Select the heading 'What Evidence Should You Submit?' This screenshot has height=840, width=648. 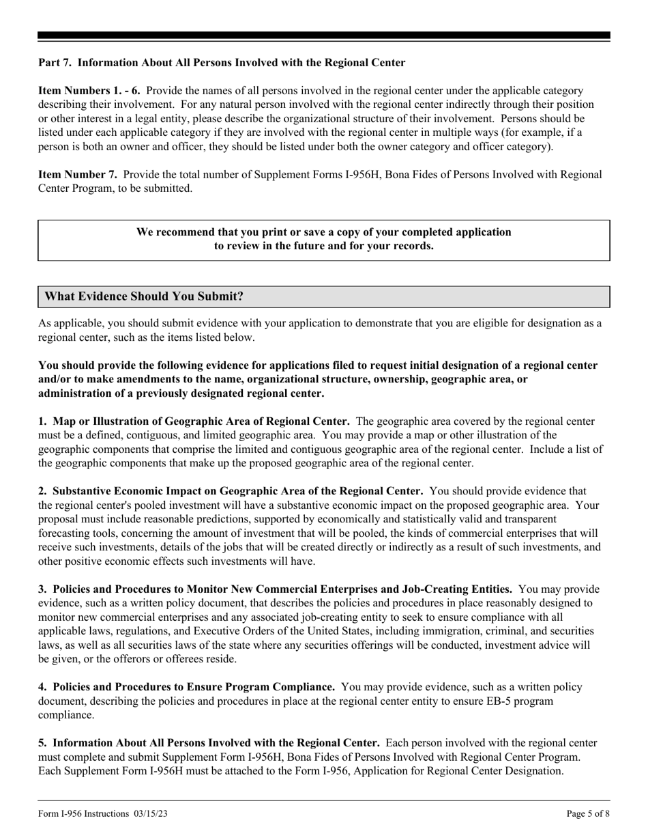tap(143, 296)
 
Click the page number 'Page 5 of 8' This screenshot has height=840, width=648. tap(588, 813)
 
